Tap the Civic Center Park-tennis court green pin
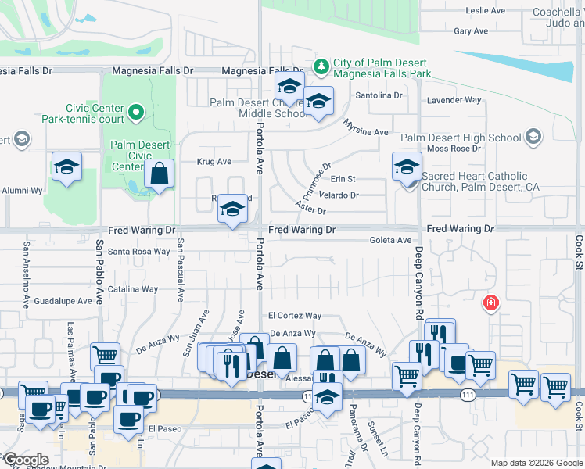pos(137,113)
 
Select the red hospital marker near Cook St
pos(491,303)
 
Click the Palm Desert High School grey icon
pos(533,138)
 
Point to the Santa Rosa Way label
pos(138,252)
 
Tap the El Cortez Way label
pos(295,316)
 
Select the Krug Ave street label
pos(214,162)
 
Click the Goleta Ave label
pos(390,240)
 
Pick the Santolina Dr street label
pos(379,95)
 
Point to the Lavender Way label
pos(453,100)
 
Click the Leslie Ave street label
pos(486,10)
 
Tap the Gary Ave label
pos(471,31)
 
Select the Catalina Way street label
pos(133,289)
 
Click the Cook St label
pos(580,253)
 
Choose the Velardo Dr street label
pos(339,195)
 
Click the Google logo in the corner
pos(26,460)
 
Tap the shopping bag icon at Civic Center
pos(159,175)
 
